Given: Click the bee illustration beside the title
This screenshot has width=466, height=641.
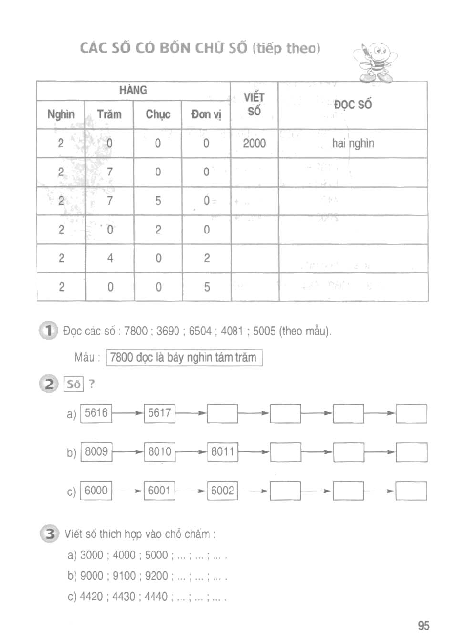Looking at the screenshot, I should click(x=374, y=62).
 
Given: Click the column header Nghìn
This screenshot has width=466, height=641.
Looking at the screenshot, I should click(x=61, y=115).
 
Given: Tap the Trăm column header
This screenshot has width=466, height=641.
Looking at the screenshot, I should click(x=109, y=115).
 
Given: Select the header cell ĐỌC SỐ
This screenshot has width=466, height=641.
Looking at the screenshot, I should click(x=353, y=105).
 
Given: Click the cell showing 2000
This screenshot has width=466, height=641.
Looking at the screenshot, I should click(x=254, y=143).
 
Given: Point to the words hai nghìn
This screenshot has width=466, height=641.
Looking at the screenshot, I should click(x=353, y=143).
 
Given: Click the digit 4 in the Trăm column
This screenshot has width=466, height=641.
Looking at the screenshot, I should click(x=110, y=258).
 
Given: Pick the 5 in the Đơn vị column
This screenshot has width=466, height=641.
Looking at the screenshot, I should click(x=207, y=287).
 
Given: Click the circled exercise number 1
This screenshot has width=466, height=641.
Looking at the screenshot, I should click(x=48, y=331).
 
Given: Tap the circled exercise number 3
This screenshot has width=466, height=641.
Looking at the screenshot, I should click(x=49, y=534).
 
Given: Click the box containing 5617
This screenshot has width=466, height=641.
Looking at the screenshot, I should click(x=160, y=413).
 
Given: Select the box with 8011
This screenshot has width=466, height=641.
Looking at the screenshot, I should click(x=222, y=452).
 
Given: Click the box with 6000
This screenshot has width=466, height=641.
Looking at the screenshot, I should click(x=96, y=491).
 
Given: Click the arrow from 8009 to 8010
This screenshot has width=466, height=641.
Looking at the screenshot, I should click(x=128, y=452).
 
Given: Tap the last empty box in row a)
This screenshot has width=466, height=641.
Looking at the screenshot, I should click(x=411, y=413).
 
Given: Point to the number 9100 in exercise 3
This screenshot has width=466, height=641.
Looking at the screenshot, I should click(x=124, y=576).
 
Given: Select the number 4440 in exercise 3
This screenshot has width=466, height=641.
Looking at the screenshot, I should click(x=156, y=597).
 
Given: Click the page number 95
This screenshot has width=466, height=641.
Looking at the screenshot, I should click(x=424, y=626).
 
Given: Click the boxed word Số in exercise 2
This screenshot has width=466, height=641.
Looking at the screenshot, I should click(x=74, y=384).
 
